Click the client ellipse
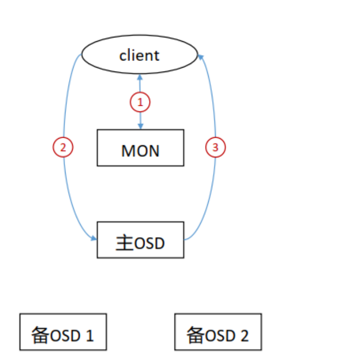[140, 54]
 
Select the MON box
[140, 148]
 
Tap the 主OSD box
[140, 240]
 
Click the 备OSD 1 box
[63, 332]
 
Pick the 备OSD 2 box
[218, 332]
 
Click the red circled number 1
[140, 102]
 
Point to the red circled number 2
[63, 148]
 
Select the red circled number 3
[216, 148]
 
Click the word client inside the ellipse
[139, 55]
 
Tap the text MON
[140, 150]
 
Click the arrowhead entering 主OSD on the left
[94, 239]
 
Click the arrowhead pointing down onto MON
[140, 127]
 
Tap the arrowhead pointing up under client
[140, 76]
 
